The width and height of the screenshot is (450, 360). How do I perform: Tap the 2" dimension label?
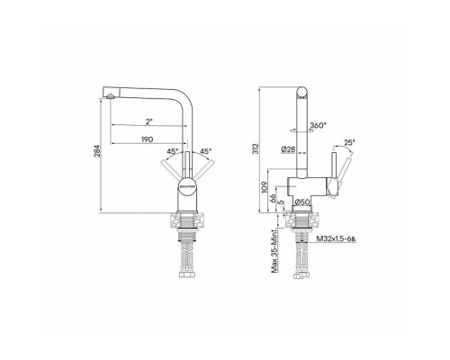tap(148, 121)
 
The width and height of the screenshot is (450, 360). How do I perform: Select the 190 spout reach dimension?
tap(147, 139)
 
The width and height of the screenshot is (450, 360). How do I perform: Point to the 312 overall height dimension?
tap(257, 148)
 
